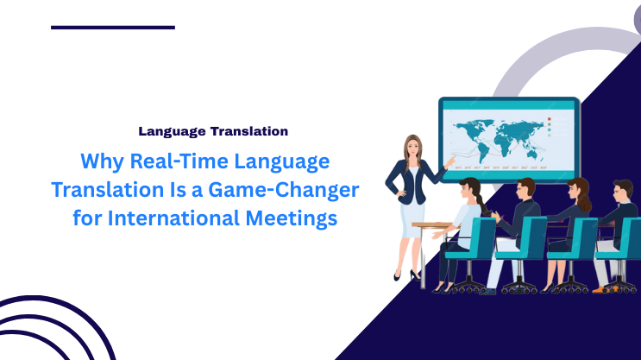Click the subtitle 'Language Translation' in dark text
tap(213, 131)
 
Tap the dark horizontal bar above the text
tap(113, 27)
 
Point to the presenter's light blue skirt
tap(412, 212)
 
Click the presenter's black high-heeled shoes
tap(406, 275)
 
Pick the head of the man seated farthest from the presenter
tap(624, 192)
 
